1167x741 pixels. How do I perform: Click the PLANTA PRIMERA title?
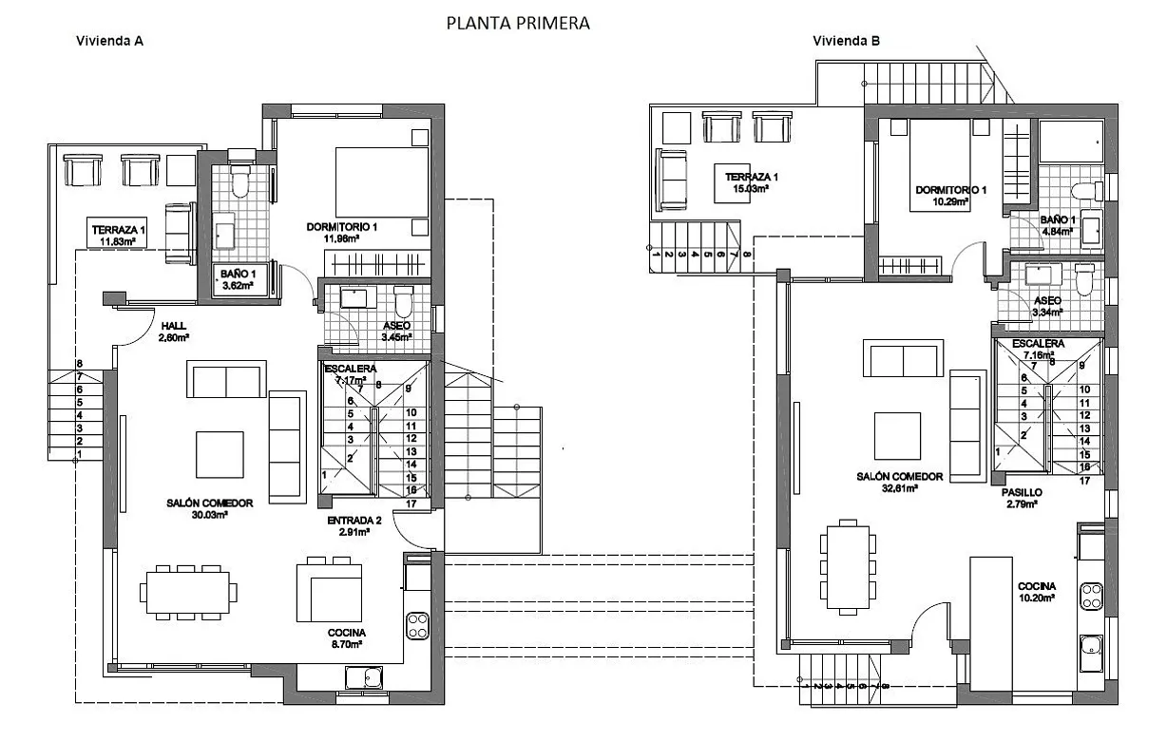click(518, 23)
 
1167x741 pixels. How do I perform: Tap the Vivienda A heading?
click(109, 41)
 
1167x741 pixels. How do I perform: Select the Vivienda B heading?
click(846, 41)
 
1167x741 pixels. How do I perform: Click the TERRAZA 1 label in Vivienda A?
click(119, 230)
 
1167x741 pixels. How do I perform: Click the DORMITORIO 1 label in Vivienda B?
click(951, 190)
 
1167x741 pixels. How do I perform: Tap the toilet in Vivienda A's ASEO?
click(403, 302)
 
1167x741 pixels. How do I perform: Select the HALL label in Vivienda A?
click(174, 325)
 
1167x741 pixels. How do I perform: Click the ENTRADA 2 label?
click(354, 520)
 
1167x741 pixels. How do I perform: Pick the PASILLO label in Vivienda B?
click(1022, 493)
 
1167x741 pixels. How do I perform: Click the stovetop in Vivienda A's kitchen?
click(417, 624)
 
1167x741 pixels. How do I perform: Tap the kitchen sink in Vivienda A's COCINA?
click(363, 677)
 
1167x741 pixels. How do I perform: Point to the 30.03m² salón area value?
click(209, 515)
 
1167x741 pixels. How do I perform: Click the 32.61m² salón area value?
click(898, 488)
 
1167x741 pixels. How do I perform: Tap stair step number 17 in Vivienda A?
click(411, 504)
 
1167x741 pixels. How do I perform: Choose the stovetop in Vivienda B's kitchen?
click(1090, 596)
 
